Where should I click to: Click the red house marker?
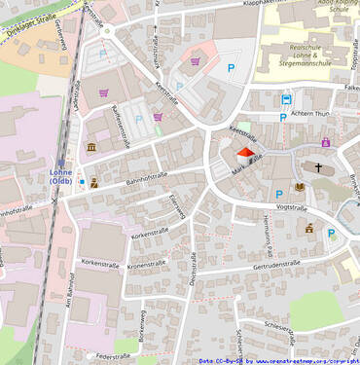point(245,155)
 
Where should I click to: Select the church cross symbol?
point(316,166)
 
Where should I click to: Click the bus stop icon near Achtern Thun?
point(286,99)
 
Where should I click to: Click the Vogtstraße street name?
point(291,207)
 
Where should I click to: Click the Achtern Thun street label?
point(310,114)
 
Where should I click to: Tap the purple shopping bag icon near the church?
point(325,143)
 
